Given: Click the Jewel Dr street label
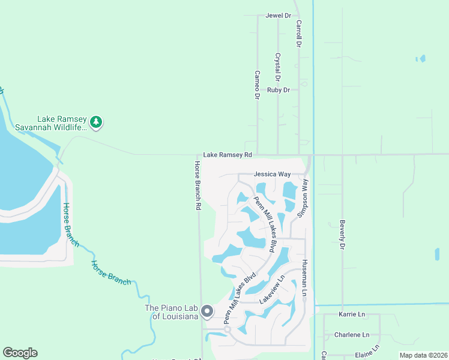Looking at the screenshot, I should point(278,16).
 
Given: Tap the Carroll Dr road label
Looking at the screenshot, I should point(298,34).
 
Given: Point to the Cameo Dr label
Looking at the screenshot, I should point(257,85).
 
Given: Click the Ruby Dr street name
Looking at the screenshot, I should point(279,90).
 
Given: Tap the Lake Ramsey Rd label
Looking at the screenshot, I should point(227,155).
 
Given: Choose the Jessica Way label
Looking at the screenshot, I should point(272,174).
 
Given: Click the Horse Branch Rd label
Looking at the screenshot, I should point(197,185).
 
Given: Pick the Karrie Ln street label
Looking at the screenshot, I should point(352,314).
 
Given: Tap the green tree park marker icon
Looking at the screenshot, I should point(96,122).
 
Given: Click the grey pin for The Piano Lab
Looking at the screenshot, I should point(207,311).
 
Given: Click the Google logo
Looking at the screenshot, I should point(20,353).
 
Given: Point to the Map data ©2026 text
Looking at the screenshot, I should point(423,355).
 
